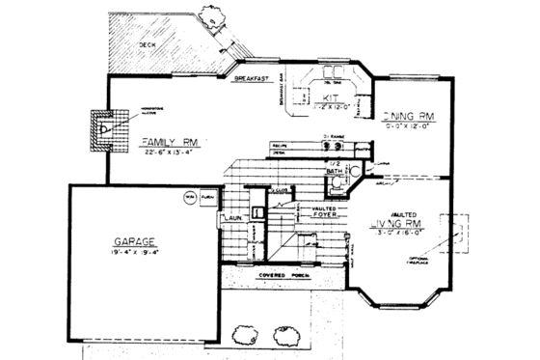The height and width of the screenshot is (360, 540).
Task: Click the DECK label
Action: pyautogui.click(x=146, y=44)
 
